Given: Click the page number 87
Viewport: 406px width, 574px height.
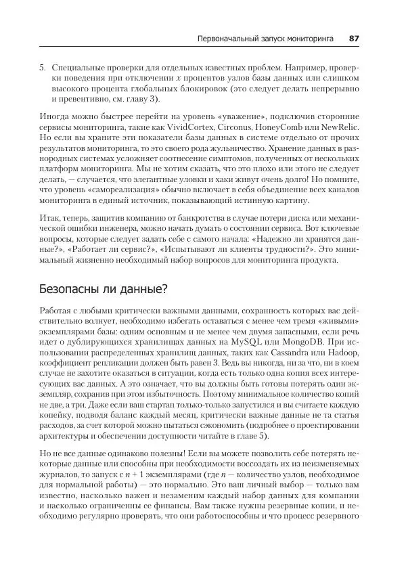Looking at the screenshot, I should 353,39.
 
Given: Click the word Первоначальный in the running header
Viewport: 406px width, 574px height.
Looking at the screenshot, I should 228,39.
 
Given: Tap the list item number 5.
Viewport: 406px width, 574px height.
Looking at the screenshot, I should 43,69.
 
